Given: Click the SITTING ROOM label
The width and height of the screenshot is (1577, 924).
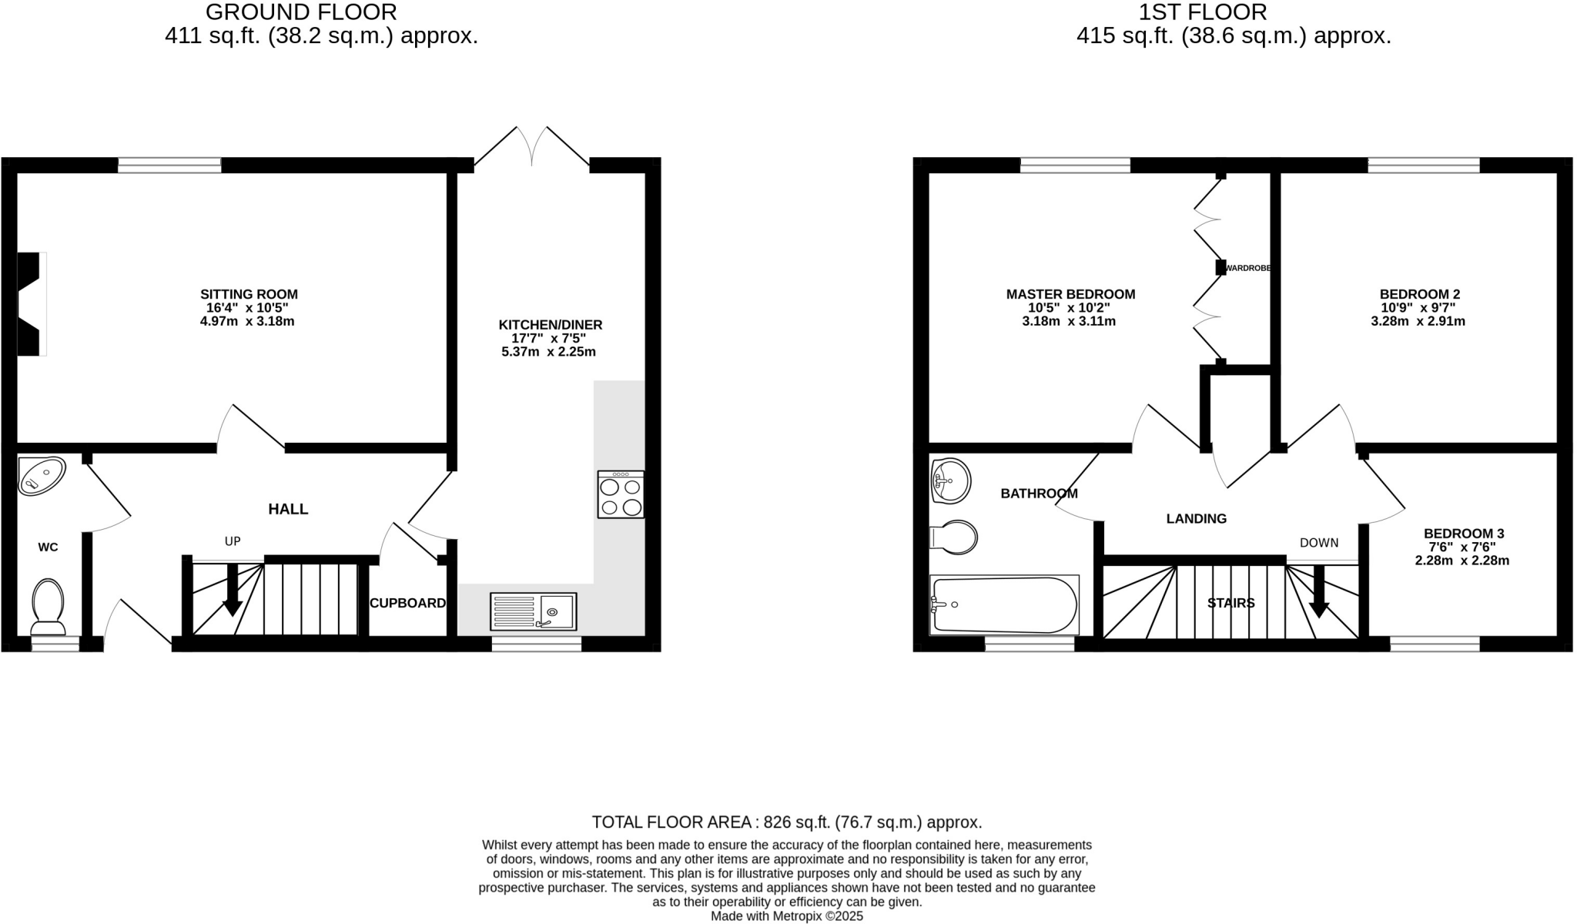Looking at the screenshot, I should point(249,294).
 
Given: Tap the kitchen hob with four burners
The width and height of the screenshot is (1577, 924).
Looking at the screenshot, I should point(621,495).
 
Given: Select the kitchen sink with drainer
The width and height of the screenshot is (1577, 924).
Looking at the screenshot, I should point(533,612).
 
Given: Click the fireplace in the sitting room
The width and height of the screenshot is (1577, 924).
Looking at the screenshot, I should point(31,304).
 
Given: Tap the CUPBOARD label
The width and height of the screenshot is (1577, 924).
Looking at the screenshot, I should point(407,603).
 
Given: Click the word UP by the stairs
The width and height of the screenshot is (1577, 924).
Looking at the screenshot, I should point(233,541).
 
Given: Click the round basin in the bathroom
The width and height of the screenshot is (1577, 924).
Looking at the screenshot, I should point(950,481).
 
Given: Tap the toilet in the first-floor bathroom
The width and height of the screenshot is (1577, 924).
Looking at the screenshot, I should point(955,537).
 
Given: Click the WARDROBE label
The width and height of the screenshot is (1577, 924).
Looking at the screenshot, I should point(1247,268).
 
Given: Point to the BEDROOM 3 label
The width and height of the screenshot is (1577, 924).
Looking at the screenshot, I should point(1463,534).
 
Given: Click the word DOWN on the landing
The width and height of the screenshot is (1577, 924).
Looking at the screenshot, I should point(1319,543).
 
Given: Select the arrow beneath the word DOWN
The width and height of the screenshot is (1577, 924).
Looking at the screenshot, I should point(1319,593).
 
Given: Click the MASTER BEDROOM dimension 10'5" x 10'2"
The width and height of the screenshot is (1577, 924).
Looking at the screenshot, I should point(1070,307).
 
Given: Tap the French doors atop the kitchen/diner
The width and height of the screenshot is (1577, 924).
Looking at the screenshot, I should point(532,146).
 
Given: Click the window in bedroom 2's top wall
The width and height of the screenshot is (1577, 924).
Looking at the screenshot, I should point(1424,165).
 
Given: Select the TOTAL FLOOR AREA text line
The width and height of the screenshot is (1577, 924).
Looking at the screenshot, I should point(786,822).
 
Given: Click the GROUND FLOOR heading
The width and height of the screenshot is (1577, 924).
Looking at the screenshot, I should point(301,12).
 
